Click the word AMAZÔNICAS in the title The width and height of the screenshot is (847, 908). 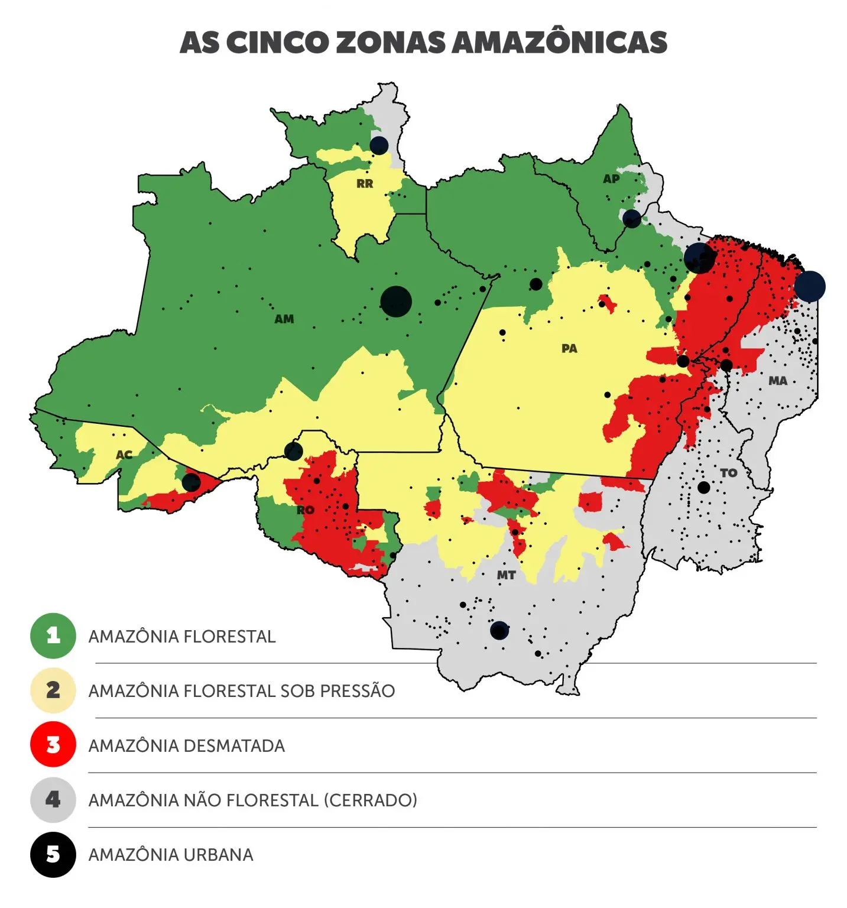coord(559,43)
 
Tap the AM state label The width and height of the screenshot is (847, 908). coord(284,319)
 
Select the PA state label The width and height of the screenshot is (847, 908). coord(569,349)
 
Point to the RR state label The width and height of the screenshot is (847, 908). coord(365,184)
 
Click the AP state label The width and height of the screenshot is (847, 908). coord(611,179)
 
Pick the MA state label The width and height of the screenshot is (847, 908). coord(778,381)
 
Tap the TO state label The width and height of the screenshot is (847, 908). coord(729,473)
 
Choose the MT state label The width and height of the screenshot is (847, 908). coord(506,575)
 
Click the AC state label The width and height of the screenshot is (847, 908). coord(124,455)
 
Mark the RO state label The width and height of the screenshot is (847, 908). coord(306,510)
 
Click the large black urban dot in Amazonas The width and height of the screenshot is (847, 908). coord(396,301)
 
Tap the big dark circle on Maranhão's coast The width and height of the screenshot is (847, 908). coord(809,286)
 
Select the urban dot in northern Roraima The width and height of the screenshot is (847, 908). coord(379,145)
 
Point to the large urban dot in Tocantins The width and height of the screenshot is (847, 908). coord(703,488)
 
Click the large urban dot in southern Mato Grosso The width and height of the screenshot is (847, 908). coord(499,630)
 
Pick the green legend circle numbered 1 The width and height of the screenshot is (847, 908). coord(53,636)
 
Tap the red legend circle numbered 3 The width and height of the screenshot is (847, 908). coord(53,745)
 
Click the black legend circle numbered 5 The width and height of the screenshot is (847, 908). coord(53,855)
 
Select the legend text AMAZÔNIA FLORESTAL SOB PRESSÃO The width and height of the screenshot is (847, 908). coord(241,691)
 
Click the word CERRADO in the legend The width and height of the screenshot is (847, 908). coord(370,800)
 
